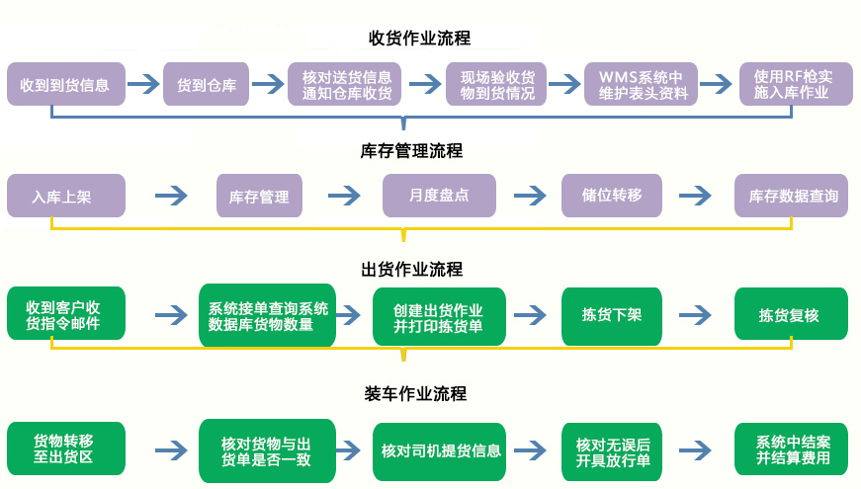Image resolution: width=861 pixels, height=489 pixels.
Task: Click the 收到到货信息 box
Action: point(66,85)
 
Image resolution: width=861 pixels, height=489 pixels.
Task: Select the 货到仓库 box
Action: point(207,85)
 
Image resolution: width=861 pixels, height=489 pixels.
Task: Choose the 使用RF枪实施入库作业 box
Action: point(796,85)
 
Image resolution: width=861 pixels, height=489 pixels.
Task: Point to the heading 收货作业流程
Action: point(419,39)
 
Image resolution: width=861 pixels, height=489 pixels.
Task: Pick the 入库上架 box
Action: point(66,196)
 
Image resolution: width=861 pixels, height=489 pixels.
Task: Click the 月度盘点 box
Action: point(439,196)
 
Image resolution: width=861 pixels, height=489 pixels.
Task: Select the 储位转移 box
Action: point(612,196)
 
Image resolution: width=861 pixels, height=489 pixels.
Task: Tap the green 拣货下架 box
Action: point(612,316)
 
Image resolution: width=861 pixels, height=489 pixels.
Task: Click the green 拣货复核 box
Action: point(790,316)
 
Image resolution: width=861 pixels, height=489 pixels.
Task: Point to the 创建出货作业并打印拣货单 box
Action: point(439,316)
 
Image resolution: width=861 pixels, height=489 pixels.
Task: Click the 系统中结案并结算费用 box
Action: point(792,450)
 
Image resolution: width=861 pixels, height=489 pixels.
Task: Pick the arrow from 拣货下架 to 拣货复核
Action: point(696,316)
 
